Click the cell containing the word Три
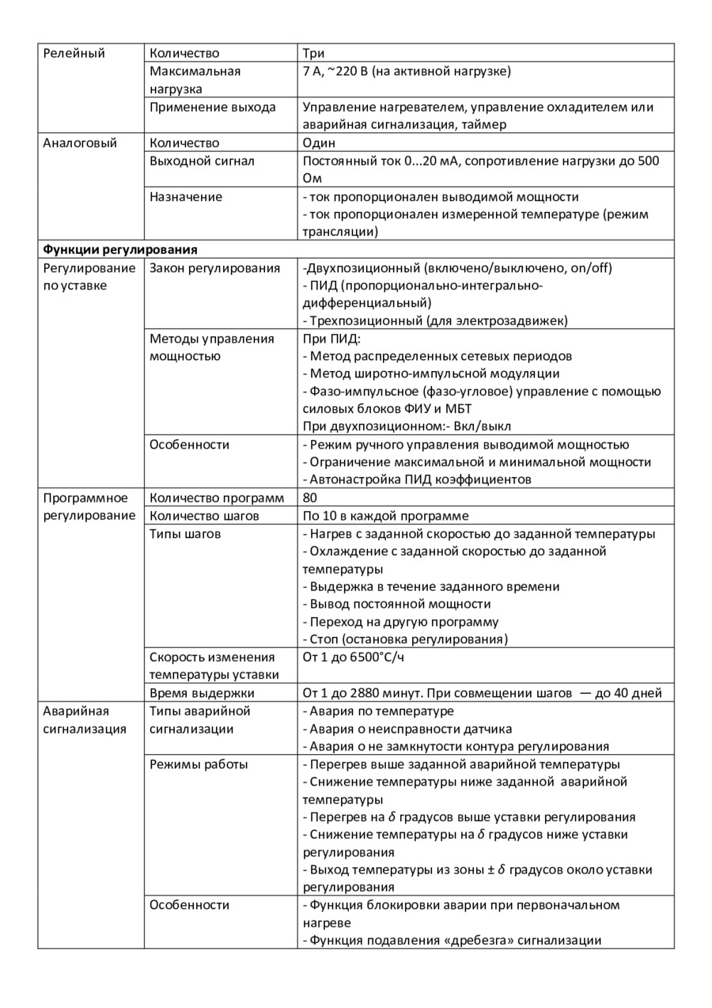pos(314,53)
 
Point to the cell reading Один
pos(319,143)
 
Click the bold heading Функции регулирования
pos(119,249)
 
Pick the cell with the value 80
pos(310,498)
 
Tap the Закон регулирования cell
pos(214,267)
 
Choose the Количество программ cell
pos(216,498)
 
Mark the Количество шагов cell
pos(204,516)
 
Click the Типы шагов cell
pos(185,533)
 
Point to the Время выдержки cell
pos(202,693)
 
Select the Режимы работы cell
pos(199,764)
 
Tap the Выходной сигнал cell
pos(202,161)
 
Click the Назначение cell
pos(186,196)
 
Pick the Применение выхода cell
pos(213,107)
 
